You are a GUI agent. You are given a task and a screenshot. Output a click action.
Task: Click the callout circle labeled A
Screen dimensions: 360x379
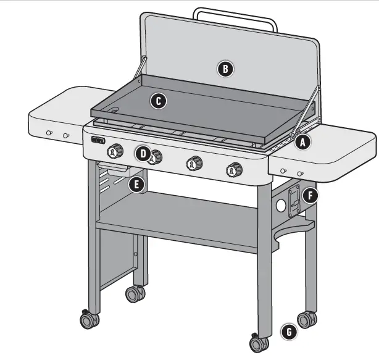(302, 142)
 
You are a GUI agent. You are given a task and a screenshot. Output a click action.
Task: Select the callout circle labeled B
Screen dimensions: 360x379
(226, 69)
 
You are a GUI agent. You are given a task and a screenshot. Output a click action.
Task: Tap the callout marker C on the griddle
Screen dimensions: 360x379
(159, 100)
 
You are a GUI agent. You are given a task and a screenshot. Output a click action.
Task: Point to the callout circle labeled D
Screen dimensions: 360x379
(143, 153)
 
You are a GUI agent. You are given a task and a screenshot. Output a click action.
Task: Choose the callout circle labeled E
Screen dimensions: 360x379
(136, 184)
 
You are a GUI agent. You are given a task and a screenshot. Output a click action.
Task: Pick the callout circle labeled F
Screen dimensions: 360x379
(311, 196)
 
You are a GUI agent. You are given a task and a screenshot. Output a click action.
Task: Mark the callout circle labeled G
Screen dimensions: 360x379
(288, 332)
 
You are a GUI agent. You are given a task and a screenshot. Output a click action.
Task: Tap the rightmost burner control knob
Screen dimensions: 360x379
(235, 169)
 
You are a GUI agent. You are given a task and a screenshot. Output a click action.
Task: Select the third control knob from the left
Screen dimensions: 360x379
(196, 163)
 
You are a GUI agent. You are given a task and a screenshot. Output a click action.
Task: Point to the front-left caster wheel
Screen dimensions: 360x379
(88, 320)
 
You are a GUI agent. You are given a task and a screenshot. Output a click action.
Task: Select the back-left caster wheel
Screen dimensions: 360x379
(135, 293)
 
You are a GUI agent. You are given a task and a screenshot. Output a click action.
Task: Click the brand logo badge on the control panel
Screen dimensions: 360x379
(98, 140)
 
